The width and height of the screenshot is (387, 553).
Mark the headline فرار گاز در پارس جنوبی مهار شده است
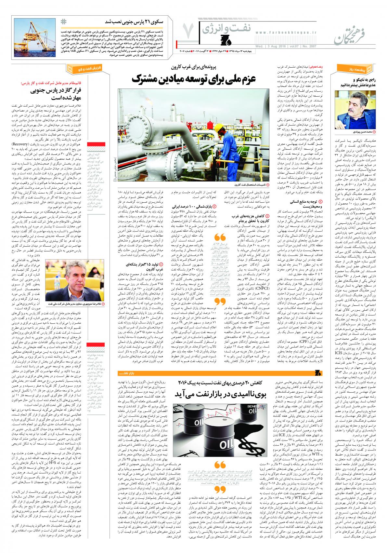76,94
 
